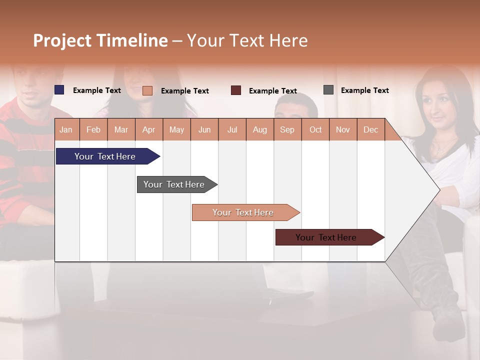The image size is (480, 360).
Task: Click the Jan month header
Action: click(x=66, y=130)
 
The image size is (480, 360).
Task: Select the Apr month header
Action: click(x=148, y=130)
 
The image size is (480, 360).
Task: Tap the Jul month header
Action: click(x=232, y=130)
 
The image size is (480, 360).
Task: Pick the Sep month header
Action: click(x=287, y=130)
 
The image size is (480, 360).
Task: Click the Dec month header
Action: click(x=370, y=130)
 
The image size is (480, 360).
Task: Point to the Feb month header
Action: click(x=93, y=130)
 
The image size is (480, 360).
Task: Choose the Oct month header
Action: click(x=315, y=130)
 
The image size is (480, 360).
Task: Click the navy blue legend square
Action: click(x=59, y=90)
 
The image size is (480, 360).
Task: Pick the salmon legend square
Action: click(x=147, y=90)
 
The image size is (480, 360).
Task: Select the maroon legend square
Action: click(x=236, y=90)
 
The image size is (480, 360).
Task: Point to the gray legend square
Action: click(x=328, y=90)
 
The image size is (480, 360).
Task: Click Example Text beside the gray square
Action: click(x=364, y=90)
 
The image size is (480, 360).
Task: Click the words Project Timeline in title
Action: click(x=100, y=40)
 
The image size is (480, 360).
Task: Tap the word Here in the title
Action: click(x=288, y=40)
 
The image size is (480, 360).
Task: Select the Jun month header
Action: click(x=204, y=130)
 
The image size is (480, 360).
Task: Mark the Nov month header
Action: click(x=343, y=130)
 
